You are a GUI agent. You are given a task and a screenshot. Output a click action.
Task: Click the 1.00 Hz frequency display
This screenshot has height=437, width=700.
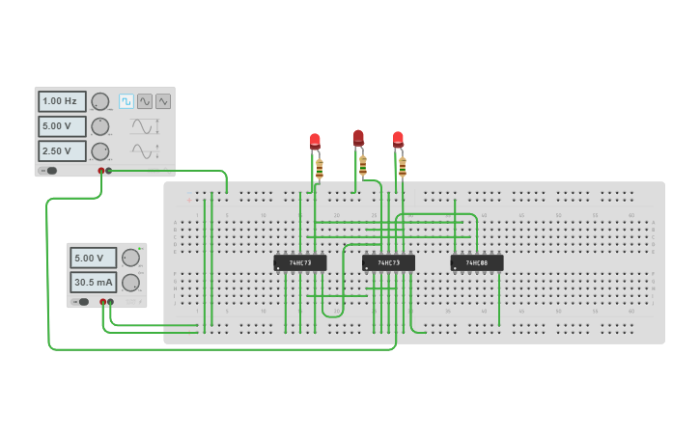click(62, 101)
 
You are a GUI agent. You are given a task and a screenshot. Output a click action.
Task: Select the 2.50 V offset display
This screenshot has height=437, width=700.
click(62, 151)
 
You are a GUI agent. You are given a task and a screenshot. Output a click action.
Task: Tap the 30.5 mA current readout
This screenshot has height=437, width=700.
click(93, 283)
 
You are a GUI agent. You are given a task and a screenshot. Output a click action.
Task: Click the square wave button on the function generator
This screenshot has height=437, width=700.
click(126, 101)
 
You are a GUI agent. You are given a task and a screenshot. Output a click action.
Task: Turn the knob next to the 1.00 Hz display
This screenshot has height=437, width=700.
click(99, 101)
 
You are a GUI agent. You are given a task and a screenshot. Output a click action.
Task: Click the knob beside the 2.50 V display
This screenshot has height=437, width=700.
click(99, 151)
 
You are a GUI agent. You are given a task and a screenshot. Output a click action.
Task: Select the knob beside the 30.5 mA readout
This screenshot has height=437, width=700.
click(129, 283)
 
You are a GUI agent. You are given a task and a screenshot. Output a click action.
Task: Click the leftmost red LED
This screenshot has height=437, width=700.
click(315, 142)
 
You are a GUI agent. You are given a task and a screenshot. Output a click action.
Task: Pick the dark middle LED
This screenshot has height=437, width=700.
click(358, 138)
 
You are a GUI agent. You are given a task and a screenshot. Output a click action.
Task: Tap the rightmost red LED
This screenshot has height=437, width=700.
click(398, 140)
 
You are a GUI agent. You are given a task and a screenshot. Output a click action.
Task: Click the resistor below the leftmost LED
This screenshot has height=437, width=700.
click(320, 169)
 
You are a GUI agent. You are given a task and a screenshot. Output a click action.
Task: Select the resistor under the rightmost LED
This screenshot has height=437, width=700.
click(403, 169)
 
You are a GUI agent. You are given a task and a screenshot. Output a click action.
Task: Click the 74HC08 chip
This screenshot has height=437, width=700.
click(477, 262)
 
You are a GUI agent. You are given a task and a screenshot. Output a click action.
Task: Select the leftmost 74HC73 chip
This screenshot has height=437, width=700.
click(300, 262)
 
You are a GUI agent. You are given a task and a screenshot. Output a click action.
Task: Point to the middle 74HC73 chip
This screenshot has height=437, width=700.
click(389, 262)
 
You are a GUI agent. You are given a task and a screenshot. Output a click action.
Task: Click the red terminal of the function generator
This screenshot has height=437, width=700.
click(101, 171)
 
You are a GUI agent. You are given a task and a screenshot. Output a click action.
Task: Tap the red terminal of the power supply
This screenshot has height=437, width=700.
click(102, 302)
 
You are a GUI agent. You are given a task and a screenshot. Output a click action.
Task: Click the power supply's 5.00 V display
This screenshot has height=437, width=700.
click(93, 258)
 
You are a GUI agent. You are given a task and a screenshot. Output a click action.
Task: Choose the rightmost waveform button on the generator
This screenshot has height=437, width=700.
click(163, 101)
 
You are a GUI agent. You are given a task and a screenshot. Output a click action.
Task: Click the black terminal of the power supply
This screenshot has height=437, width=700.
click(110, 302)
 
